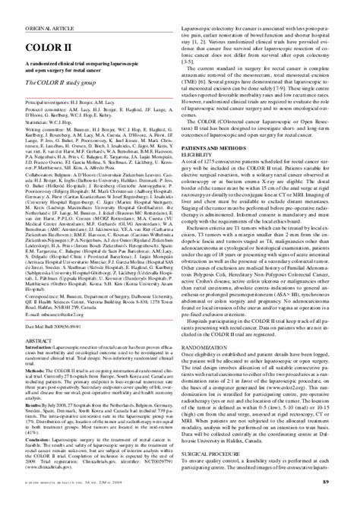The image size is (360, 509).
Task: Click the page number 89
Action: click(346, 501)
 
